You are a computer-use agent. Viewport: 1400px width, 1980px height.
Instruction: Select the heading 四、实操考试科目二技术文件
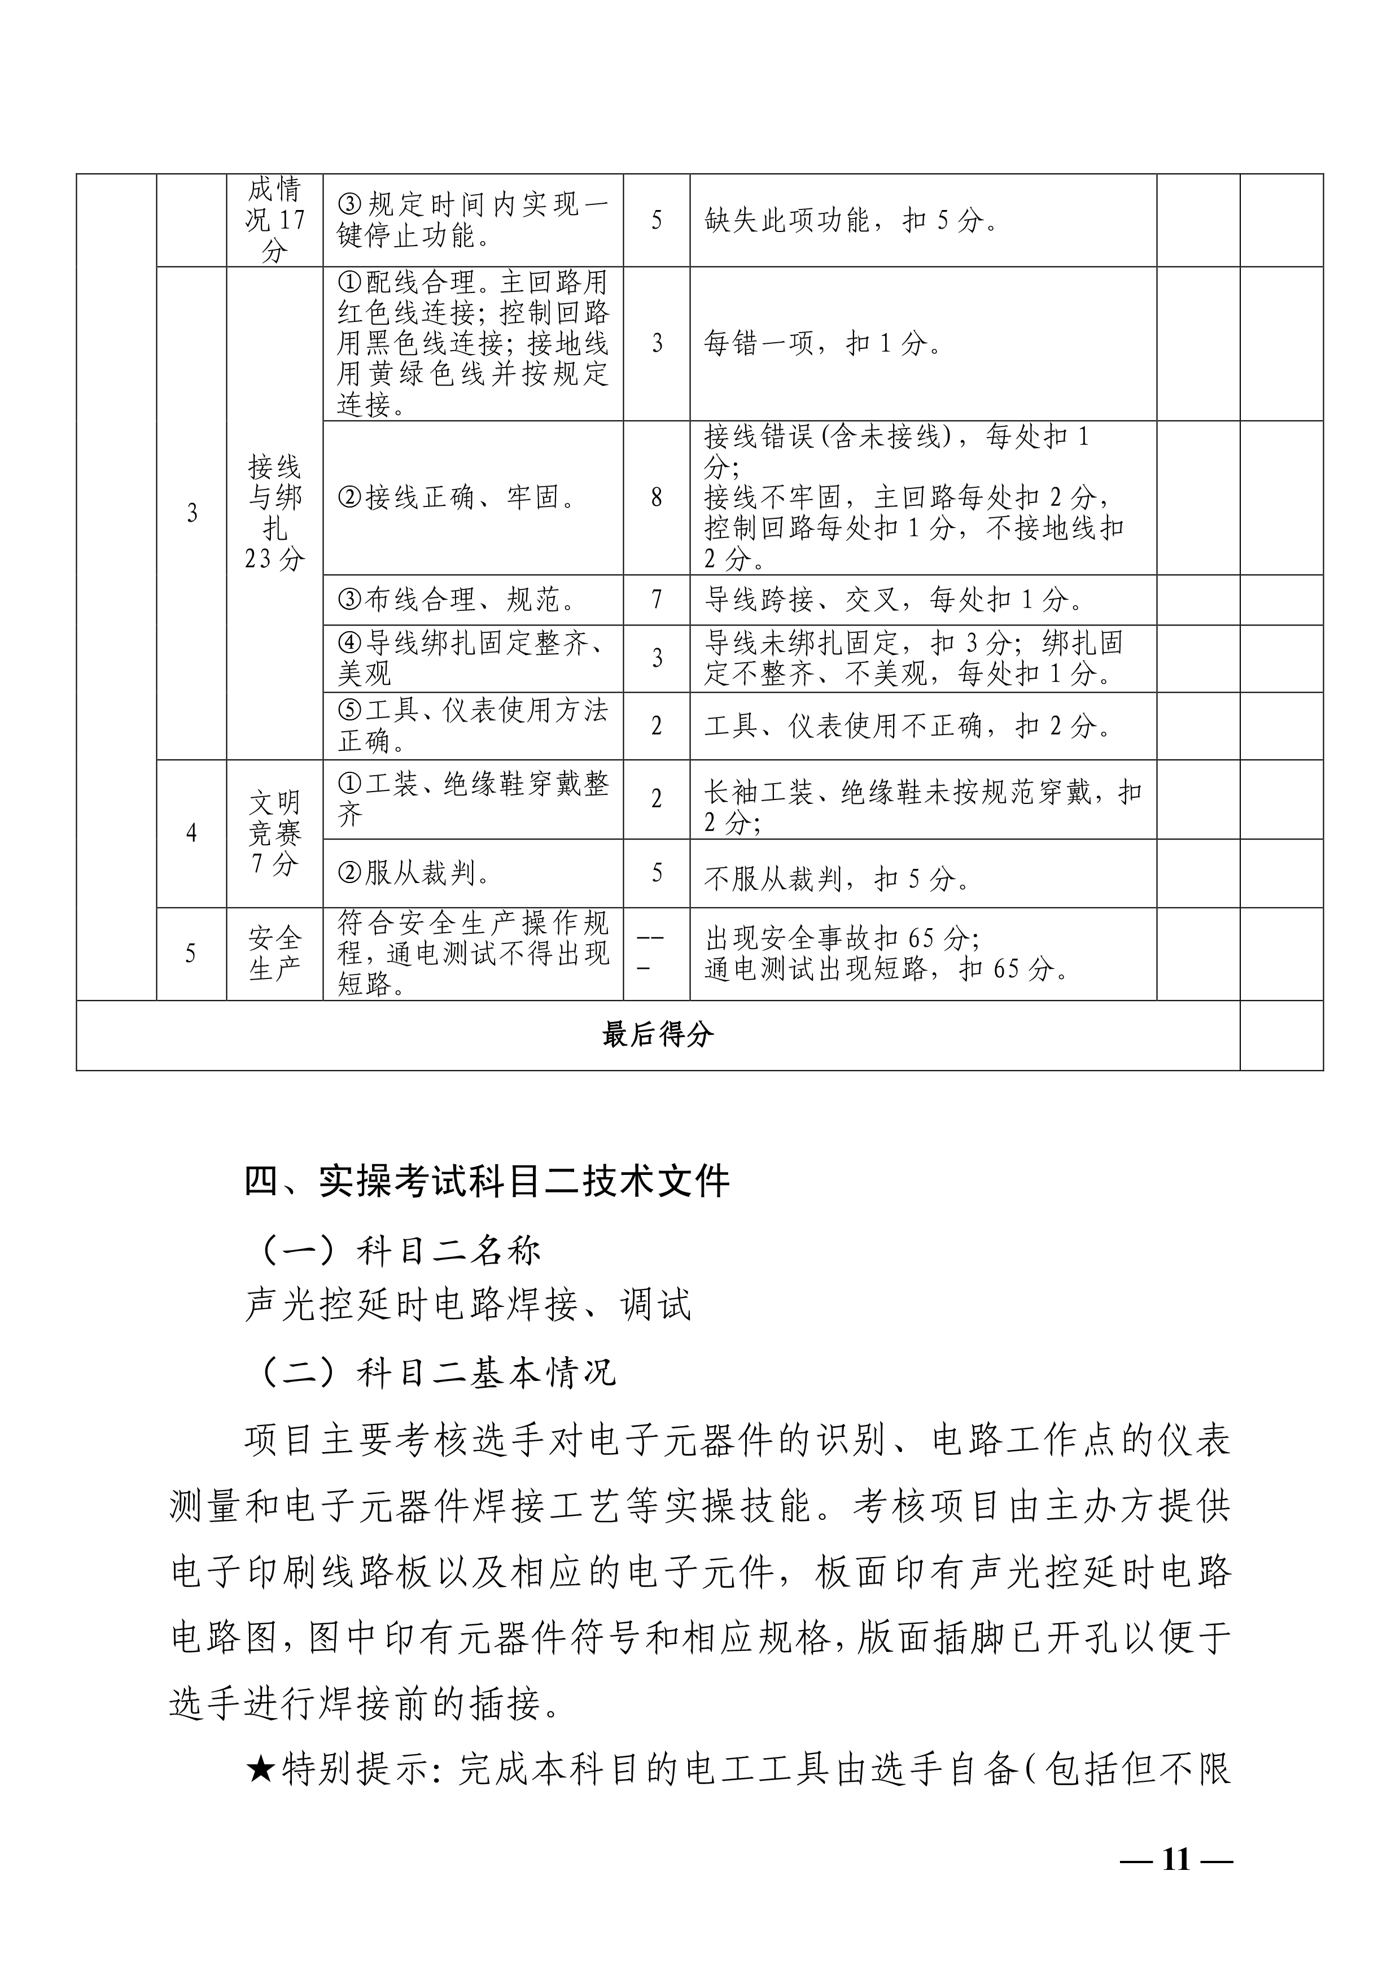coord(487,1182)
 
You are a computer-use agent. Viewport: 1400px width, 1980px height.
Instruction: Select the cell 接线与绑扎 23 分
coord(274,513)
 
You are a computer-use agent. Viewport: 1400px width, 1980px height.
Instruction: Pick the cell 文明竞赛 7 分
coord(274,833)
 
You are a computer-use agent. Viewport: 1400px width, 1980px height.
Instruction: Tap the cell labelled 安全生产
coord(274,954)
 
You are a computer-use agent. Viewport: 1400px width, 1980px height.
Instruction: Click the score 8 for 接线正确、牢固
coord(657,497)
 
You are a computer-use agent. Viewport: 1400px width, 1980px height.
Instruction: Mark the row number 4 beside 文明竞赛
coord(191,833)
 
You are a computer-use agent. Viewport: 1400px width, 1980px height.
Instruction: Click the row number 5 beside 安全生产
coord(191,954)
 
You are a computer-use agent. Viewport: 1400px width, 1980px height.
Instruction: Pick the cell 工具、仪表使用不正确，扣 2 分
coord(908,726)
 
